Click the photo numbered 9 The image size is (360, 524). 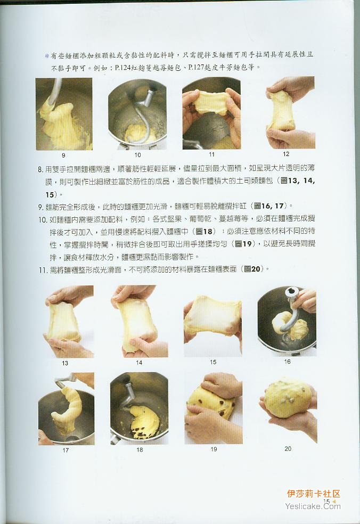coord(64,114)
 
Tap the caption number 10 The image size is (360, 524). coord(138,155)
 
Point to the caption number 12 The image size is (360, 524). coord(286,154)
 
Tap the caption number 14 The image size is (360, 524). coord(139,362)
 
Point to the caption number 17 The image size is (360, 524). coord(66,450)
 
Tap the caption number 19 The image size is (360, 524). coord(214,449)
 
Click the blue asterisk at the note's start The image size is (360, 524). coord(47,55)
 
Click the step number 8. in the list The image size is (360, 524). coord(40,169)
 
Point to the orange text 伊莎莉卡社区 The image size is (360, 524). coord(314,494)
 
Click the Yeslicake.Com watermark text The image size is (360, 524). coord(313,506)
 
